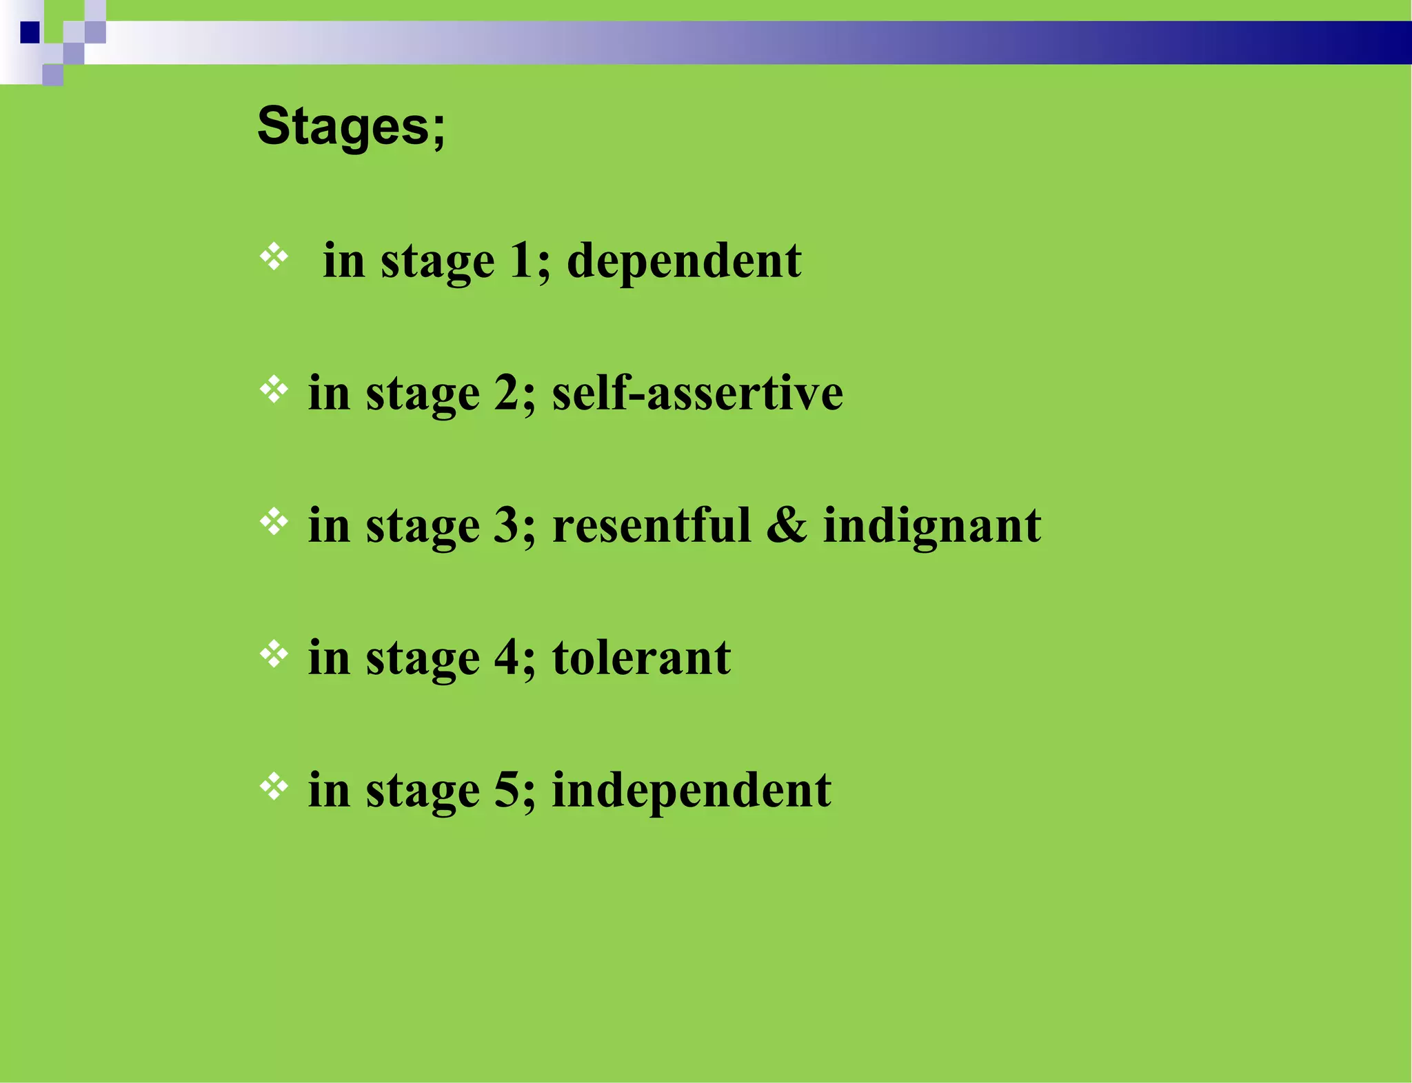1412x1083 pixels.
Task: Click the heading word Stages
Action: [x=351, y=126]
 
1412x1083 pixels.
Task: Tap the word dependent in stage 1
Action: [x=684, y=261]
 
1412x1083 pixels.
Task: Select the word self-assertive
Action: [x=697, y=394]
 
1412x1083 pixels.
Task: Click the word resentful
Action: [x=652, y=526]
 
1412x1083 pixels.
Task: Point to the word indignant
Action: [x=932, y=526]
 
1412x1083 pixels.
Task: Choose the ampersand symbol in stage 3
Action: [x=787, y=526]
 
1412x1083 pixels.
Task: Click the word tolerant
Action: [x=641, y=658]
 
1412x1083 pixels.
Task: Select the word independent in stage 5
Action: [x=692, y=791]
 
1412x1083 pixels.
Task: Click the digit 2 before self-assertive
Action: [x=507, y=394]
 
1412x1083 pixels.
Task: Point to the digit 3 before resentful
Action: [x=507, y=526]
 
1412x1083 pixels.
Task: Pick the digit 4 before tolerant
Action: [x=507, y=658]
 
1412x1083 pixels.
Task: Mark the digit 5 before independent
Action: [x=507, y=791]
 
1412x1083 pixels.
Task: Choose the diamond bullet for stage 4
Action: [x=274, y=654]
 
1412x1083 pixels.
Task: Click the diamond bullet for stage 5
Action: [x=274, y=787]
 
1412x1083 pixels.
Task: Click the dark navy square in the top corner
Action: [x=30, y=32]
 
